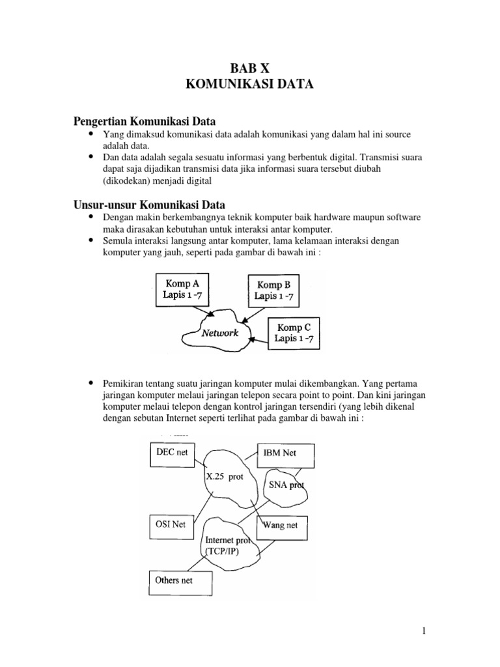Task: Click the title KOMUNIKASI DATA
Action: [x=249, y=84]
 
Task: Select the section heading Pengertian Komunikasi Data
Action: [x=144, y=121]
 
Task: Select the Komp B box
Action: [x=273, y=290]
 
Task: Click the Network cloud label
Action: [x=219, y=333]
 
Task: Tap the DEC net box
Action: [x=173, y=452]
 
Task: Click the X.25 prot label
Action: [x=226, y=476]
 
